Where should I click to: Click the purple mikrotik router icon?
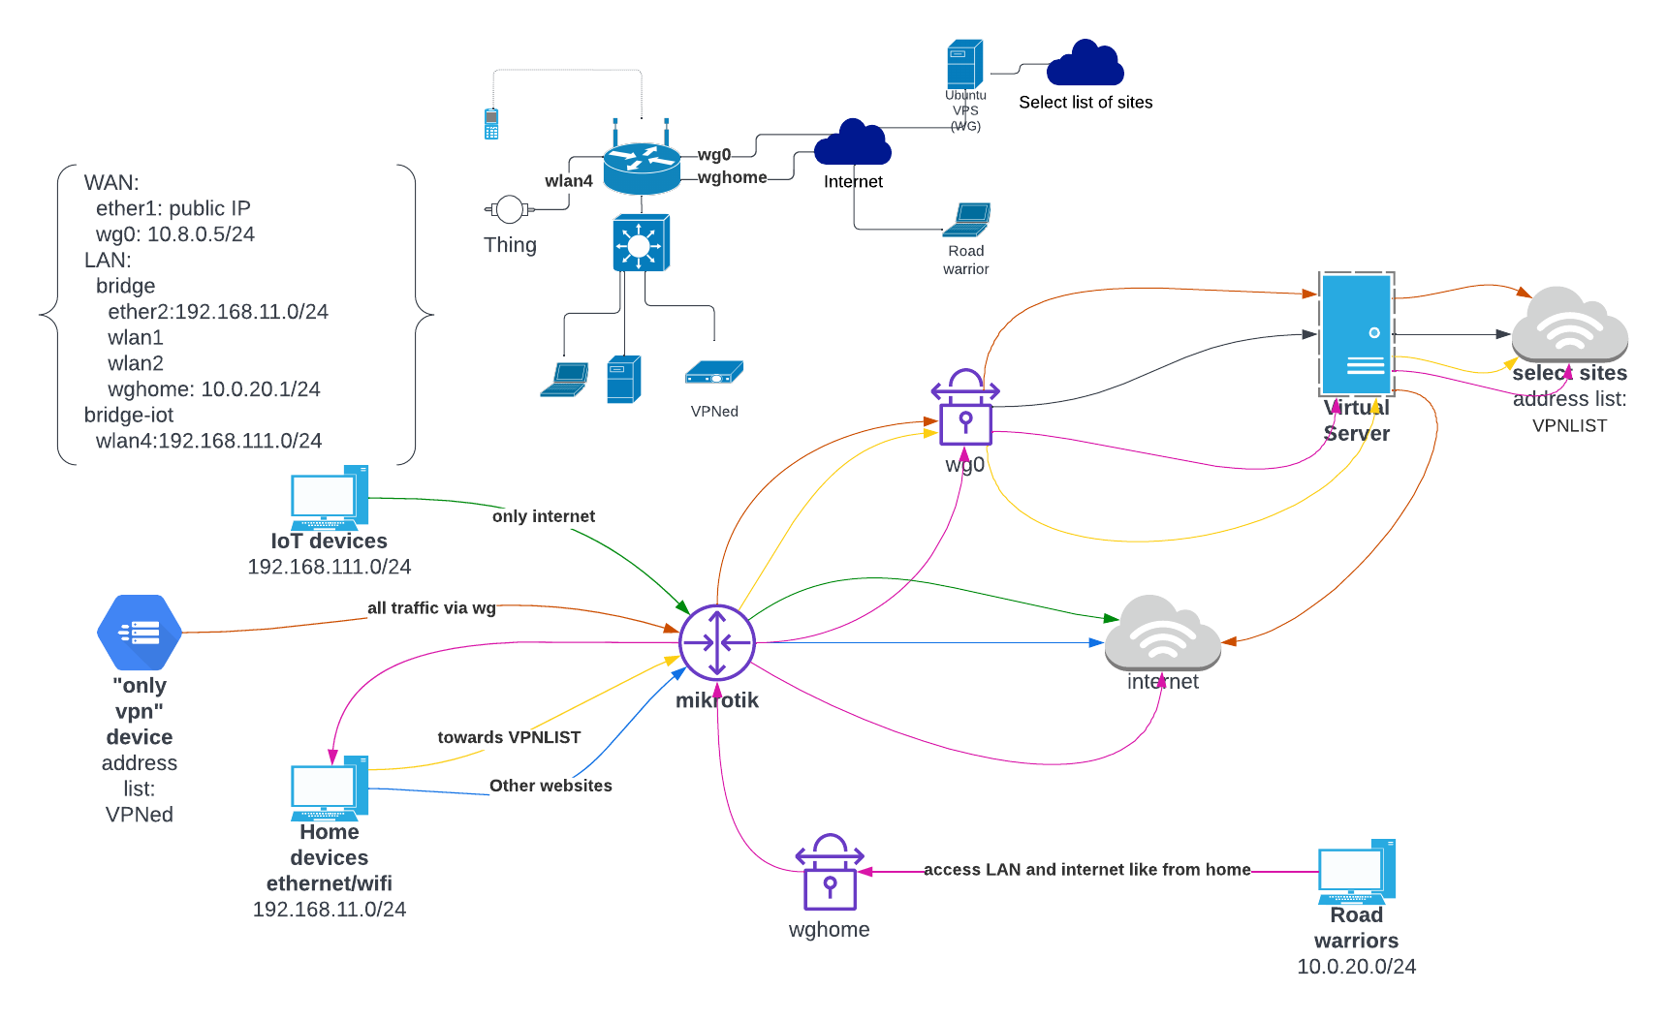717,642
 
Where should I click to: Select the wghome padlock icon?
830,873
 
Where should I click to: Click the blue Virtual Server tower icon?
1357,334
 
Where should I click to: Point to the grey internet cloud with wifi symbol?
1163,634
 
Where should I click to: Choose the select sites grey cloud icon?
1569,325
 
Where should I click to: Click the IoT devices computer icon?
330,498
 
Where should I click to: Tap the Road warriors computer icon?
1357,872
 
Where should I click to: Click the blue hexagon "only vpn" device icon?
140,633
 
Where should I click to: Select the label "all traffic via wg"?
431,608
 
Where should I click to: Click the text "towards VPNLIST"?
509,737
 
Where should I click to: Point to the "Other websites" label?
550,786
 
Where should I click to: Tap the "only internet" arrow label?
544,516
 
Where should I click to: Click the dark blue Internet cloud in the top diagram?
853,144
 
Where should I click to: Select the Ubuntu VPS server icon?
964,64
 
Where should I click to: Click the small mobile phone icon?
491,124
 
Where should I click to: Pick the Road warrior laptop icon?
967,220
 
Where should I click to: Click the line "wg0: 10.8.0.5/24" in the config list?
175,234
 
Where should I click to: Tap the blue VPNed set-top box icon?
714,374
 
